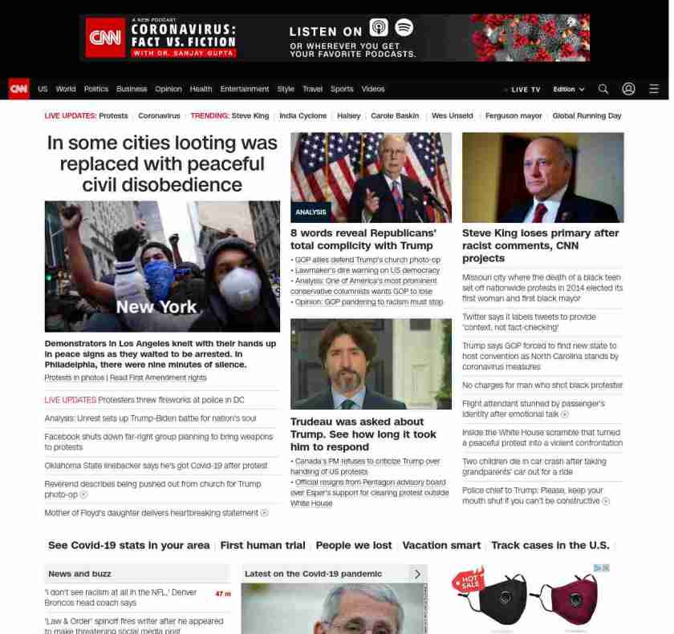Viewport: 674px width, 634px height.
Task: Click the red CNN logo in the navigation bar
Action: pyautogui.click(x=18, y=89)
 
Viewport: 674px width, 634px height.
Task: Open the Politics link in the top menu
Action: pyautogui.click(x=95, y=89)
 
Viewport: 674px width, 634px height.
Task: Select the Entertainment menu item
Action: pyautogui.click(x=245, y=89)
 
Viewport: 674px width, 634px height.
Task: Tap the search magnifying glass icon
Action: pyautogui.click(x=603, y=89)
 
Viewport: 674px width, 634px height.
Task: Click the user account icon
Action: pyautogui.click(x=628, y=89)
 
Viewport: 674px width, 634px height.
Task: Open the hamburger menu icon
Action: pyautogui.click(x=654, y=89)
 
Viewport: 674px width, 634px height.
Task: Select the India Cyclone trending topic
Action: pyautogui.click(x=302, y=116)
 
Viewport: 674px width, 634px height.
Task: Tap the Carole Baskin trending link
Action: pyautogui.click(x=395, y=116)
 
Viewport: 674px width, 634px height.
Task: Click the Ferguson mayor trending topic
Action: pyautogui.click(x=514, y=116)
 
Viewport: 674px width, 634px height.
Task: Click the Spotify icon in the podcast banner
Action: pyautogui.click(x=404, y=28)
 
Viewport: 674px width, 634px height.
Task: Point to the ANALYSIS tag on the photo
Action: pyautogui.click(x=311, y=212)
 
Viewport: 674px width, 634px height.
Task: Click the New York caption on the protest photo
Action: pyautogui.click(x=156, y=307)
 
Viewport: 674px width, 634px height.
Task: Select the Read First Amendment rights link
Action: pyautogui.click(x=158, y=378)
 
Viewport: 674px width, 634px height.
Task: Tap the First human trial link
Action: pyautogui.click(x=262, y=545)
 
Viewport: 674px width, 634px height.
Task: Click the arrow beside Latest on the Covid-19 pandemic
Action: pyautogui.click(x=417, y=574)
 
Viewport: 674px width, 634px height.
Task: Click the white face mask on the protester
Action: pyautogui.click(x=240, y=286)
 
